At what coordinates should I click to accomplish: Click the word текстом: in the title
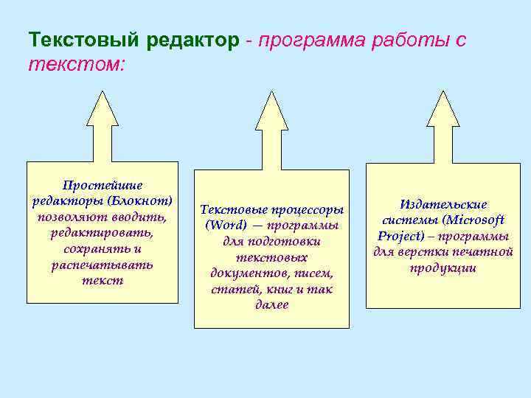[x=77, y=65]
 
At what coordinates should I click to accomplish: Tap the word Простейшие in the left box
[x=103, y=185]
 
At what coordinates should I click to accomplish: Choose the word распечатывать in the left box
[x=103, y=265]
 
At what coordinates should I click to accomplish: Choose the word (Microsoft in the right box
[x=475, y=220]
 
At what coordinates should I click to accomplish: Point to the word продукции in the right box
[x=443, y=268]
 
